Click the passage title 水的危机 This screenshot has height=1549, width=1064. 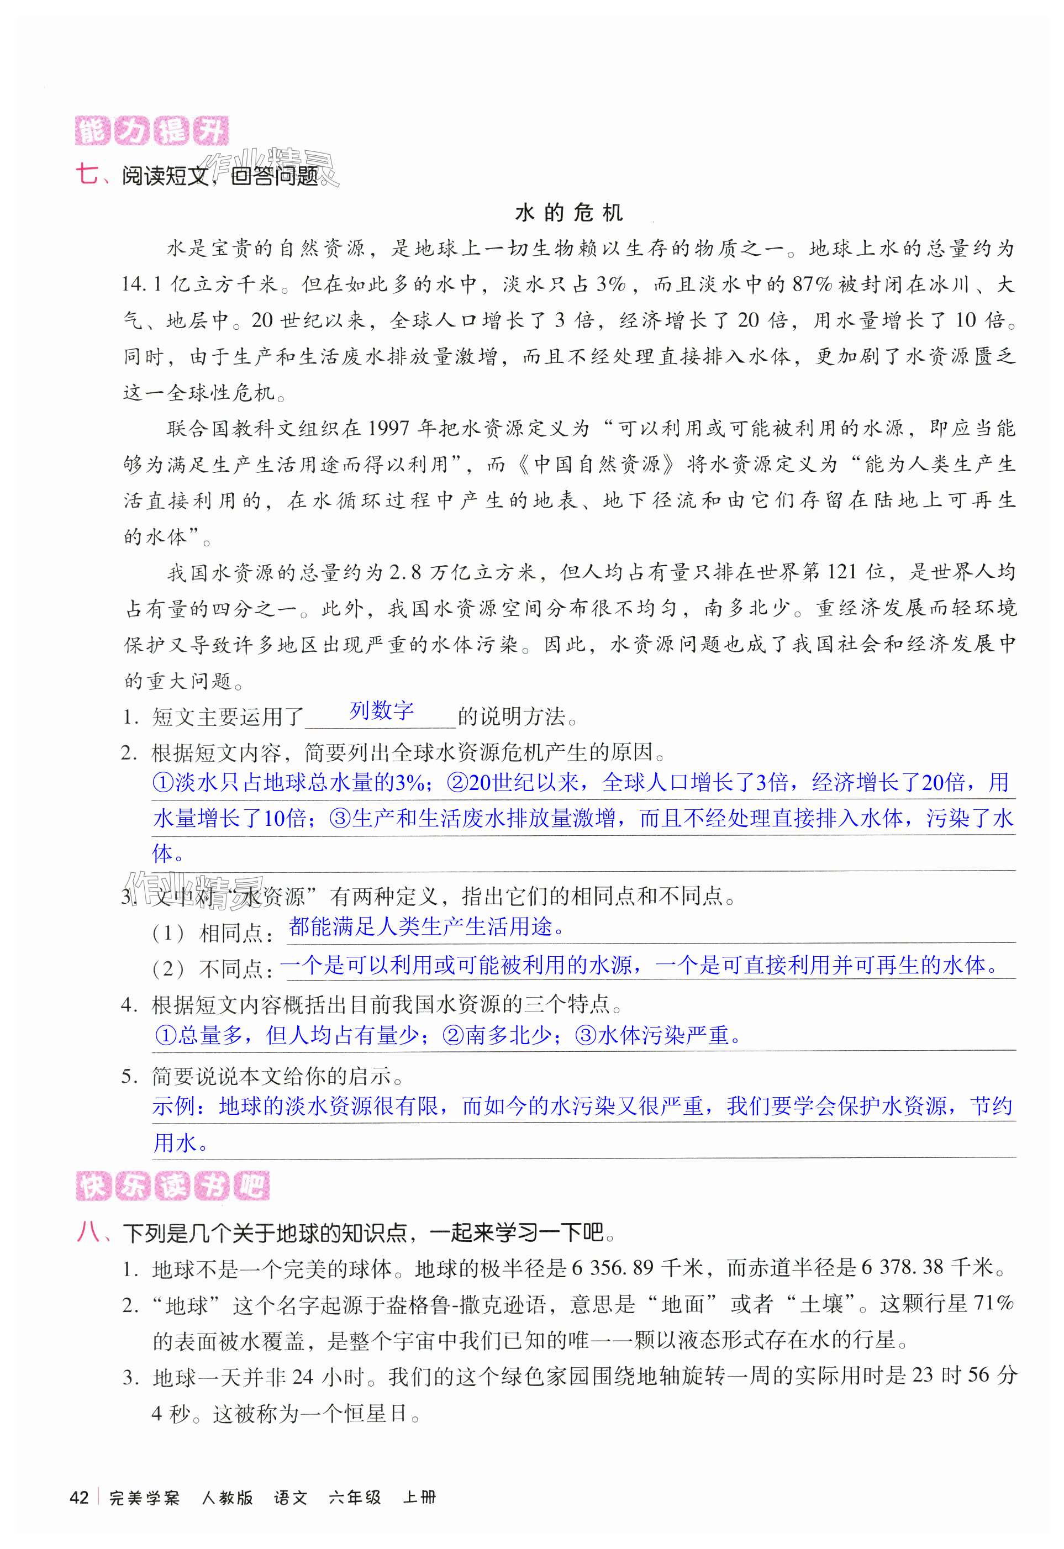568,213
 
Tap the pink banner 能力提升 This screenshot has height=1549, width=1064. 151,130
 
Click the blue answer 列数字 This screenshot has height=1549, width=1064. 381,710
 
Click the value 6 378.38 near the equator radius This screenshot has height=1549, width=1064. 902,1268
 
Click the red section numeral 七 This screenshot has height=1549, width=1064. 87,175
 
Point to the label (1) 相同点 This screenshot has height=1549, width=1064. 212,933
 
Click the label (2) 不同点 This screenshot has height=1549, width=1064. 212,969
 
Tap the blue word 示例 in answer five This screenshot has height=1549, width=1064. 175,1107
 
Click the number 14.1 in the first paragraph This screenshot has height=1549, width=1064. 141,284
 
